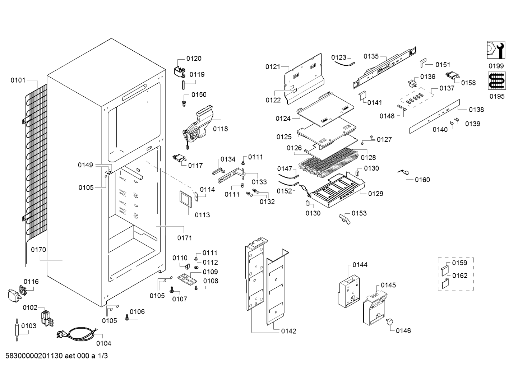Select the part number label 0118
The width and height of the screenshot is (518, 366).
220,129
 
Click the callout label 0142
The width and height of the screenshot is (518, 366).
289,331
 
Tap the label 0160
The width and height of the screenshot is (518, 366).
422,180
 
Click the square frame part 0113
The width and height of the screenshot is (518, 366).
186,199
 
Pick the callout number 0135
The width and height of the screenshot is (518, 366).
371,56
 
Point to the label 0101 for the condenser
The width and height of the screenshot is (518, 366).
18,80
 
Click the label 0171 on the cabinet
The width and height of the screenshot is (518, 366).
184,238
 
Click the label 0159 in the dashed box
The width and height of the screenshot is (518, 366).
459,263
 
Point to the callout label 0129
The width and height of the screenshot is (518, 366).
375,194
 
